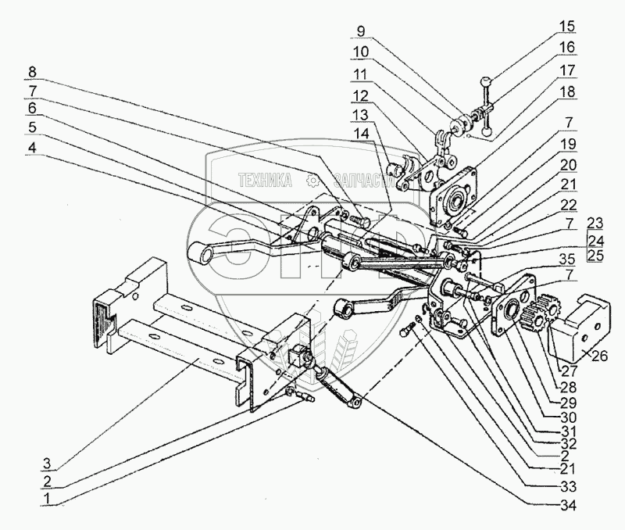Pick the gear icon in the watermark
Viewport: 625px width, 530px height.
coord(314,181)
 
